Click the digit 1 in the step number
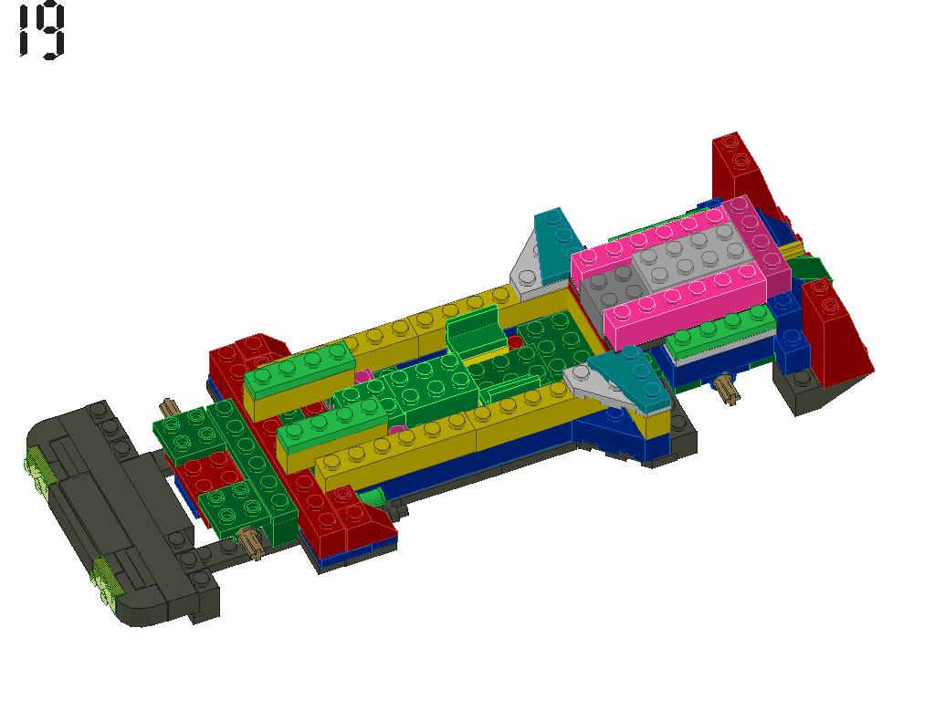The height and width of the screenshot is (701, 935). coord(24,30)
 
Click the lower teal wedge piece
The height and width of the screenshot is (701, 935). coord(632,375)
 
